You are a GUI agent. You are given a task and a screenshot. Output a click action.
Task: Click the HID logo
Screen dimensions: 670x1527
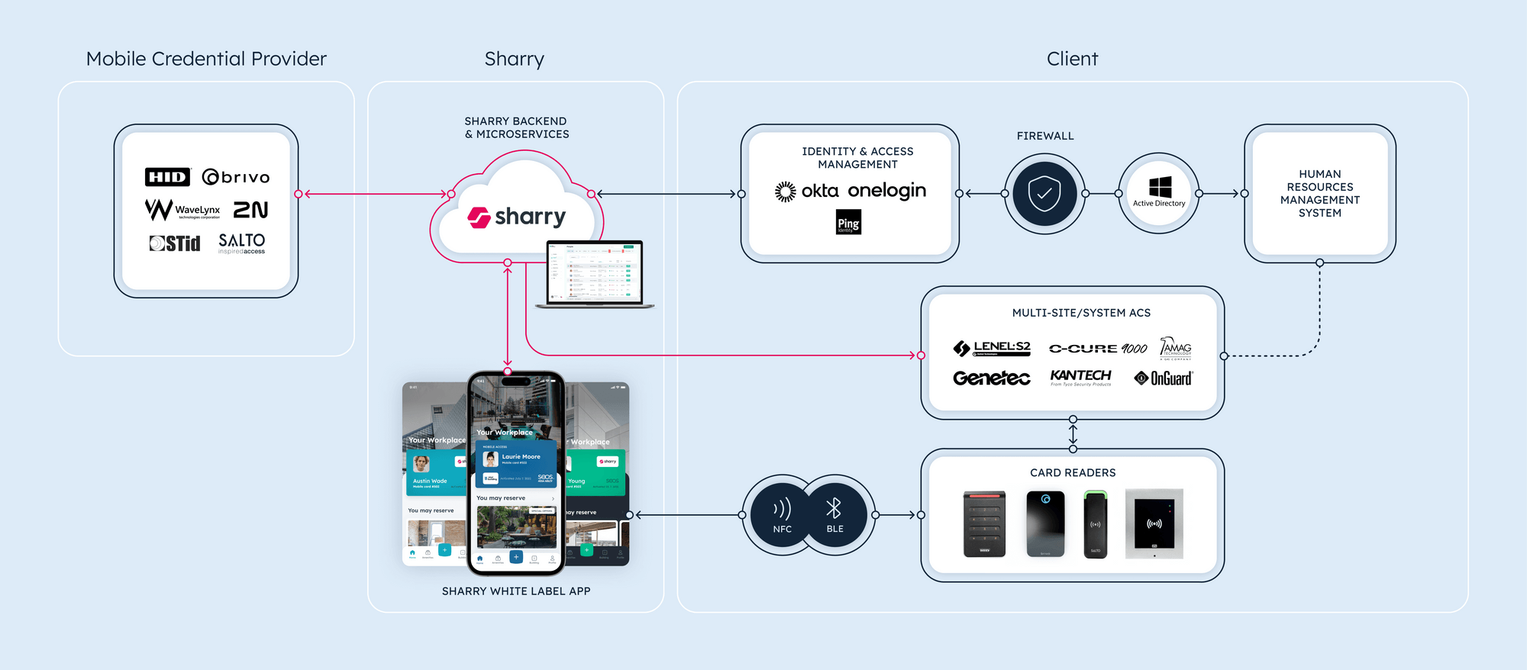click(167, 177)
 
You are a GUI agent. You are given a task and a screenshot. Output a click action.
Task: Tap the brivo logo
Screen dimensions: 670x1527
click(236, 177)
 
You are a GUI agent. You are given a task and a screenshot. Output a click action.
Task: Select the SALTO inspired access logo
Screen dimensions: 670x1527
click(241, 243)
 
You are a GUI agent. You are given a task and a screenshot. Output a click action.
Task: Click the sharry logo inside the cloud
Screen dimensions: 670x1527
click(517, 217)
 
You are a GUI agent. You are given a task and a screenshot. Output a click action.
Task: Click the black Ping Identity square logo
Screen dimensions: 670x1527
click(848, 222)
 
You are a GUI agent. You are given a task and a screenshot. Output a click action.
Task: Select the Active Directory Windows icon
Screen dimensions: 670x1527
click(1160, 188)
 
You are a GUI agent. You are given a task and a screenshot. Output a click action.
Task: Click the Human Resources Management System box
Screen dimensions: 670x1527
click(1319, 194)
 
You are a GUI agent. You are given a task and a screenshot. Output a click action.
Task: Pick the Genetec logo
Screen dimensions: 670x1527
click(991, 378)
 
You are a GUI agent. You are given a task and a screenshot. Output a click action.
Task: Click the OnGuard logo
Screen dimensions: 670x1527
click(1164, 378)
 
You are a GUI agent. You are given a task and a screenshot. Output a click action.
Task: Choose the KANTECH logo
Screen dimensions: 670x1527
click(1080, 376)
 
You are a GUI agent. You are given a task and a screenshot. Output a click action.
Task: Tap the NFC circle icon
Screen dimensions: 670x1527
click(781, 515)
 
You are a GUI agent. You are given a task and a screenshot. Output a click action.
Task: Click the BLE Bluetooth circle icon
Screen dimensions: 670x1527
click(835, 515)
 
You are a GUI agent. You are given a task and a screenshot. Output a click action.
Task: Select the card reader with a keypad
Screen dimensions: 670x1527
click(984, 524)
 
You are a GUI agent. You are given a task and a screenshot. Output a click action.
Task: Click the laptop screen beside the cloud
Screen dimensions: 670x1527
click(595, 272)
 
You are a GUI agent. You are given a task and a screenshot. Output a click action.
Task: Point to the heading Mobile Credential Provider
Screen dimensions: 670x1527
click(206, 59)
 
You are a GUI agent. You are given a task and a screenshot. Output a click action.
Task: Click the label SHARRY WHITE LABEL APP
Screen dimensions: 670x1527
click(516, 591)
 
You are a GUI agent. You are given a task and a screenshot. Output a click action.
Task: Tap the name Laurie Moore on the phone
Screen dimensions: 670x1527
click(521, 456)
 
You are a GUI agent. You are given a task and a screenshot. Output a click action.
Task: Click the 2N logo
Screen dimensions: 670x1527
click(250, 210)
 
